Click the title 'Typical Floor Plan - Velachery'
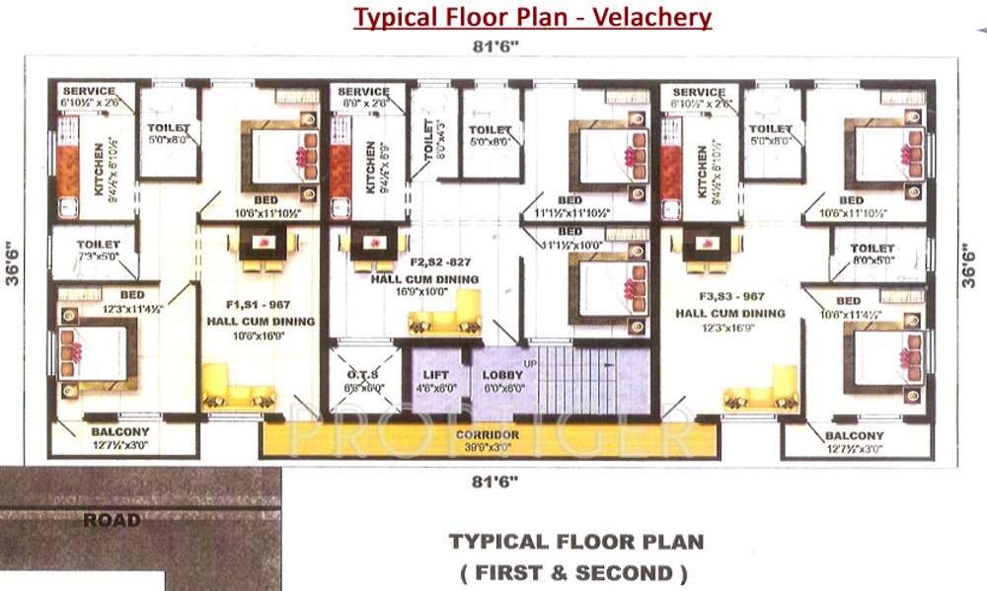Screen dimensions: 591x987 [x=533, y=18]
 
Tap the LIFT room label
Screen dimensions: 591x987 [x=435, y=375]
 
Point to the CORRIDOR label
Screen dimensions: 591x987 [x=488, y=435]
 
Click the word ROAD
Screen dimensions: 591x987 [x=112, y=520]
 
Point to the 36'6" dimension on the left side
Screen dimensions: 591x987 [x=13, y=264]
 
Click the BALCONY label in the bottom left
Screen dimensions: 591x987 [x=119, y=432]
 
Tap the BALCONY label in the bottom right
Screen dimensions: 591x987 [x=855, y=435]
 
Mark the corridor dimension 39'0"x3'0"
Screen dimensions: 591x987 [x=488, y=447]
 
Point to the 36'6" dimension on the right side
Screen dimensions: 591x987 [x=973, y=264]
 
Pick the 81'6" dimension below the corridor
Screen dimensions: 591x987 [x=495, y=481]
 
